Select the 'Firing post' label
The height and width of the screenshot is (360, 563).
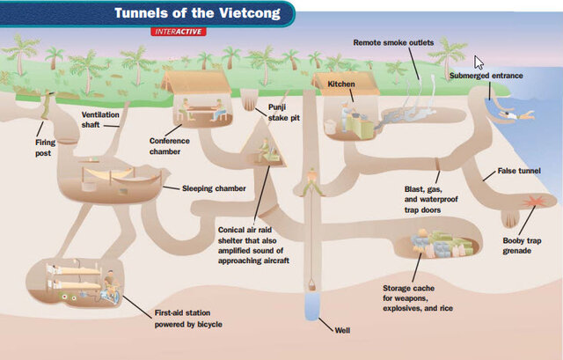tap(44, 147)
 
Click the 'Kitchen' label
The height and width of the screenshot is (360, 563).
tap(341, 84)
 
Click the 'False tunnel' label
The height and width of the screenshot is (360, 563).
tap(518, 171)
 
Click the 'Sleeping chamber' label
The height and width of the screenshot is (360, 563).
tap(214, 187)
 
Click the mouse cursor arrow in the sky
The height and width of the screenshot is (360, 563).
tap(480, 62)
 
